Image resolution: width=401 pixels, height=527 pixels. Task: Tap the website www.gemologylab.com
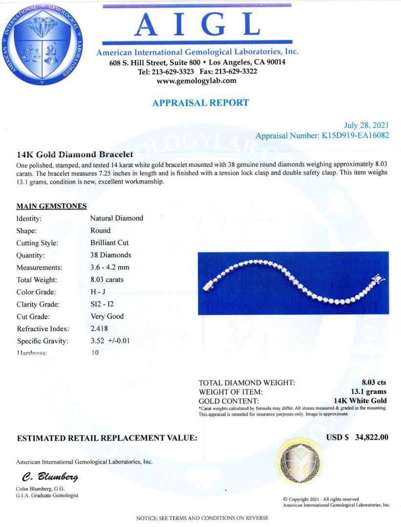[x=197, y=81]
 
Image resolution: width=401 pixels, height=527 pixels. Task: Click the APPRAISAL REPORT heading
[x=200, y=103]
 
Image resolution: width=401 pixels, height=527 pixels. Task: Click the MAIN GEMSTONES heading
[x=52, y=206]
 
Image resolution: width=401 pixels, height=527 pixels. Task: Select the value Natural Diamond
[x=117, y=218]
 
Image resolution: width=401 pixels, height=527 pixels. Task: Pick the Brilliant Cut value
[x=109, y=243]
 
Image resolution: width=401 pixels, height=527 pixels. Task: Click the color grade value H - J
[x=99, y=292]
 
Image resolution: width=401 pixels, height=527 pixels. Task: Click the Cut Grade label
[x=33, y=316]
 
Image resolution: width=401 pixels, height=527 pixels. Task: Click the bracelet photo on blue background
[x=293, y=283]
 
